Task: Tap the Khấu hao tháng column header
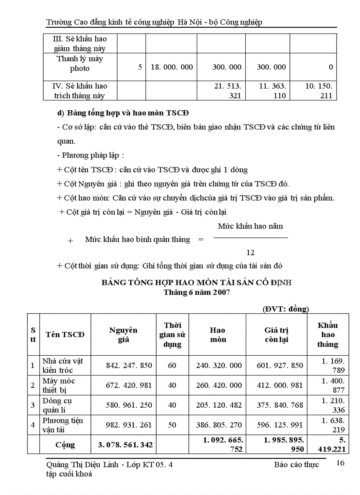click(x=327, y=335)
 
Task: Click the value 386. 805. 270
click(x=219, y=425)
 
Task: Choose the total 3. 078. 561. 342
click(x=125, y=445)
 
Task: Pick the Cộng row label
click(x=65, y=445)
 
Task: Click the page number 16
click(x=340, y=462)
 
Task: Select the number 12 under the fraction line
click(x=250, y=253)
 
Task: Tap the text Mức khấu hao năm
click(x=250, y=226)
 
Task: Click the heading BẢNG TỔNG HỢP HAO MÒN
click(x=196, y=283)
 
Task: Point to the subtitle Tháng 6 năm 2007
click(x=196, y=292)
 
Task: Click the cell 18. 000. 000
click(x=172, y=67)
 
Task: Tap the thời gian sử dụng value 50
click(x=172, y=425)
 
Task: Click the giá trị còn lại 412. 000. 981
click(x=280, y=385)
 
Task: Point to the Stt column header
click(x=34, y=335)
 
